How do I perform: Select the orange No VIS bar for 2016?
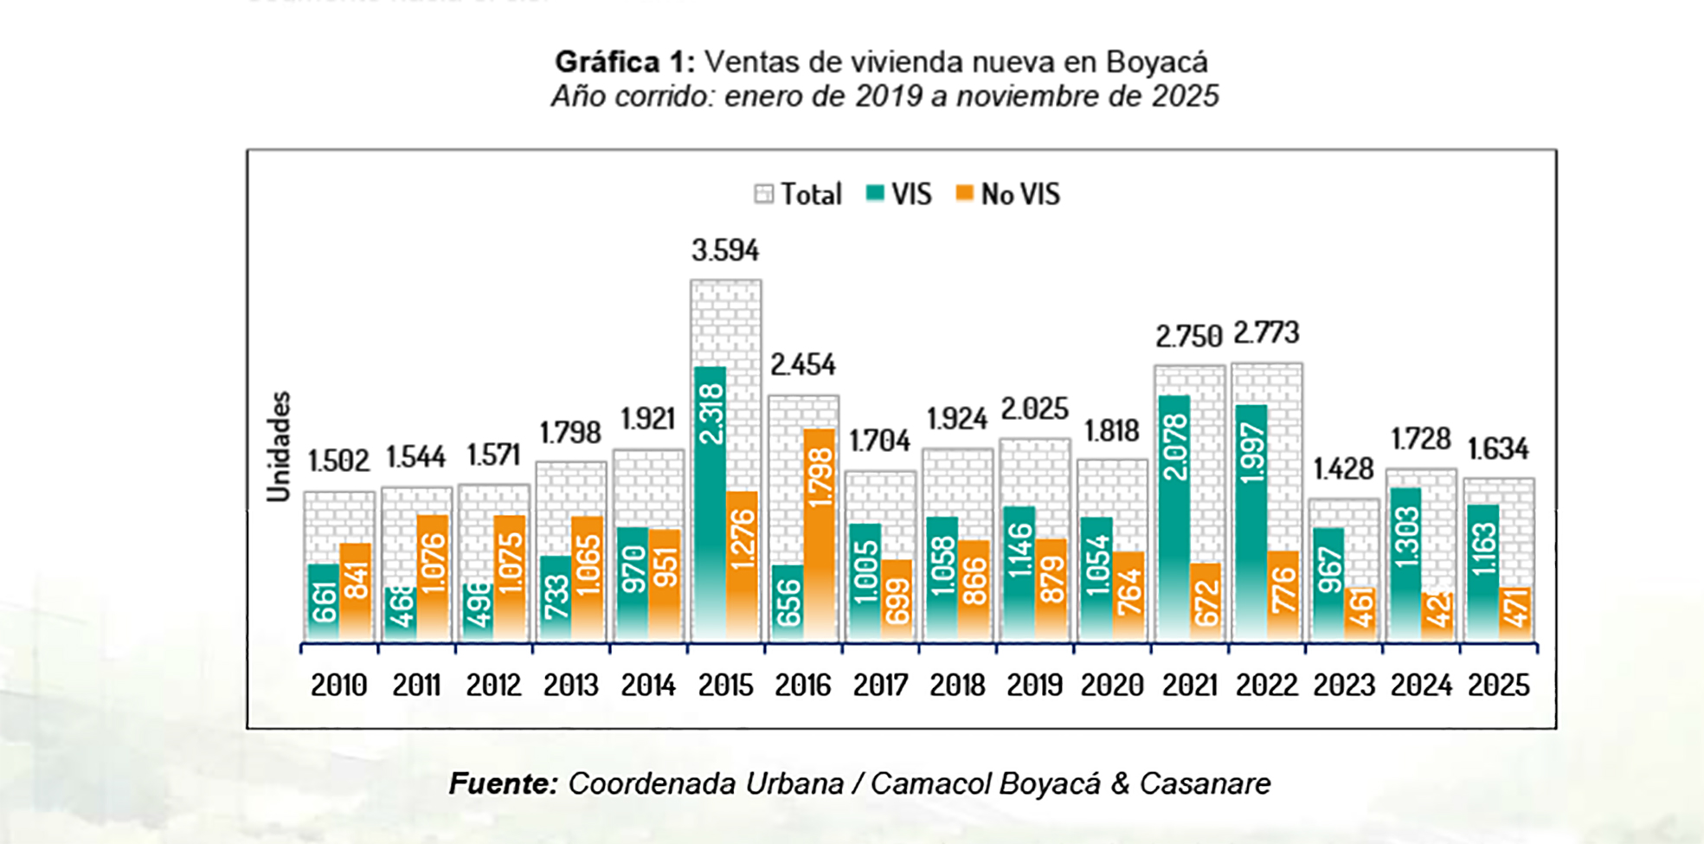click(x=819, y=534)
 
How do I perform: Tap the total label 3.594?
click(x=725, y=250)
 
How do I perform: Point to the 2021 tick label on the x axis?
click(x=1189, y=686)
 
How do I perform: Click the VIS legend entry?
click(x=899, y=194)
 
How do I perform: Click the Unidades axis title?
click(x=279, y=447)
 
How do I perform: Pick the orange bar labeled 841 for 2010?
click(x=355, y=592)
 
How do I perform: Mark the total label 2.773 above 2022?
click(x=1266, y=333)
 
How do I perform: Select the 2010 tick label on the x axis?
click(x=338, y=686)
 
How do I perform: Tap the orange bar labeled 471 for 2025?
click(x=1514, y=614)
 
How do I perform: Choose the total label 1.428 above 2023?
click(x=1343, y=469)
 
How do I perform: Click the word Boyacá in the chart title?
click(x=1156, y=62)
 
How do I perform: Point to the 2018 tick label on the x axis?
click(x=957, y=686)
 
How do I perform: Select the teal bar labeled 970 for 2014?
click(x=633, y=583)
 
